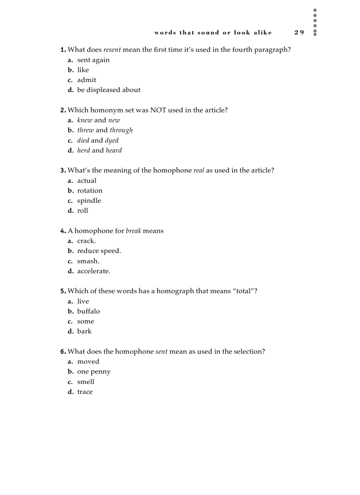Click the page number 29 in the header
[299, 32]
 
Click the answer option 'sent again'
[93, 60]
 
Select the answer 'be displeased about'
[109, 90]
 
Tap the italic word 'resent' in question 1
[112, 50]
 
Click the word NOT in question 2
[158, 110]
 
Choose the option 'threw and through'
[105, 130]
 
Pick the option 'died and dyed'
[97, 140]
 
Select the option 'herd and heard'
[99, 150]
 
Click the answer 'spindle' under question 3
[89, 201]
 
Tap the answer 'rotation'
[90, 190]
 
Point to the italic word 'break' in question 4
[133, 231]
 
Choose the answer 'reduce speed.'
[99, 251]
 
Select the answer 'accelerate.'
[94, 271]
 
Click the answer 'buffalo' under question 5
[88, 311]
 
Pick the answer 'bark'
[84, 331]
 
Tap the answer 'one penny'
[94, 372]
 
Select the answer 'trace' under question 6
[85, 392]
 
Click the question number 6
[63, 352]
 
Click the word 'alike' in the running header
[262, 32]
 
